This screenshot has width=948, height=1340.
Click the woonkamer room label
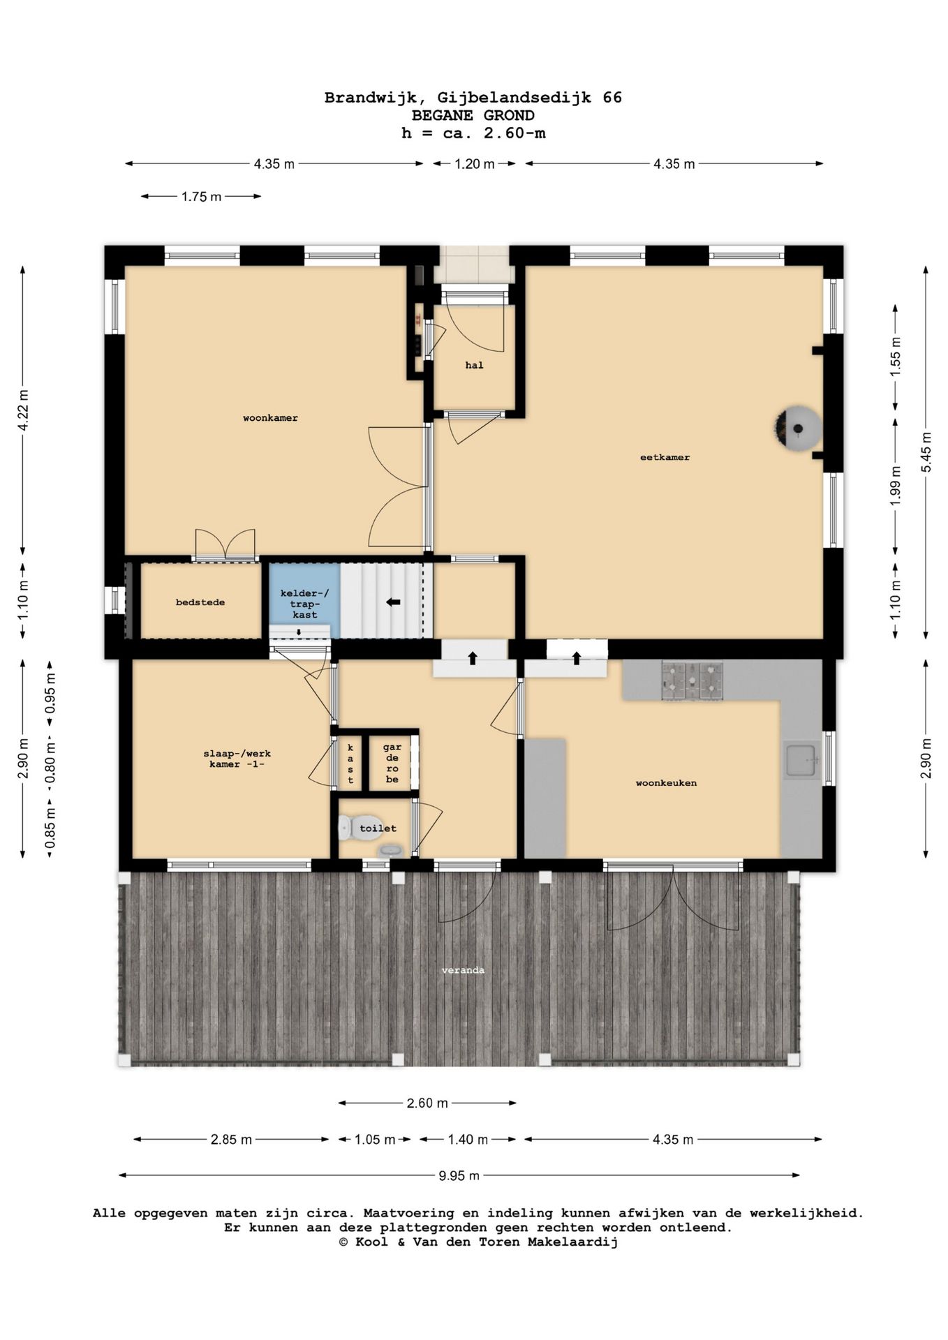270,418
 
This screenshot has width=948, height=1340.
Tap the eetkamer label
665,457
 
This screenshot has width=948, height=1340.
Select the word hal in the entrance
474,365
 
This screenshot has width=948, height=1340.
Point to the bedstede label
200,602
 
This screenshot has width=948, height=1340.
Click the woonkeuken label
666,783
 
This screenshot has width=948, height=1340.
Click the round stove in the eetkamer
798,428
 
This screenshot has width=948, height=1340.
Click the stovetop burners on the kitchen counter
692,680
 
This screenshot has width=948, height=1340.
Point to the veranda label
463,970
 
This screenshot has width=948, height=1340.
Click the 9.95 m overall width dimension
459,1175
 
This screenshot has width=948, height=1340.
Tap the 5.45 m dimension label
926,452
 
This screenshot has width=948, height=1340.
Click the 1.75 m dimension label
201,197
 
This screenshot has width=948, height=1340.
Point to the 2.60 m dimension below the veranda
427,1103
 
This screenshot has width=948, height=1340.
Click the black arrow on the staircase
393,602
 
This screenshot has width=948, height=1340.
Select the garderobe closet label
392,763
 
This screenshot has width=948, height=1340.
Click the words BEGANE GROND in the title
473,115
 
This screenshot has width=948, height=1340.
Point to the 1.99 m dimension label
896,485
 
